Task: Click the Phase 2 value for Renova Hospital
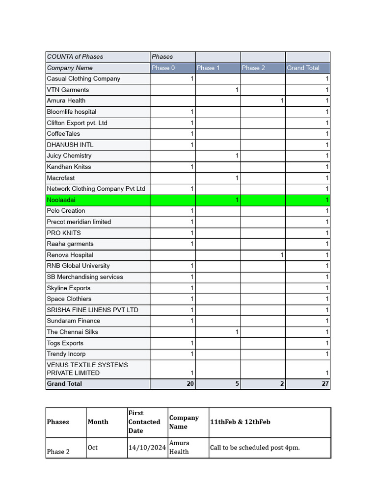[x=282, y=255]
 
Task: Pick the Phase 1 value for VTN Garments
[x=237, y=90]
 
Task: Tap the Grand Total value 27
[x=325, y=384]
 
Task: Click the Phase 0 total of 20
[x=190, y=384]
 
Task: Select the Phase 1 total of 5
[x=237, y=384]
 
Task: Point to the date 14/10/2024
[x=147, y=448]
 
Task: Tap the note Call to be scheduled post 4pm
[x=255, y=448]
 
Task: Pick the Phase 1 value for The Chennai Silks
[x=237, y=332]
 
